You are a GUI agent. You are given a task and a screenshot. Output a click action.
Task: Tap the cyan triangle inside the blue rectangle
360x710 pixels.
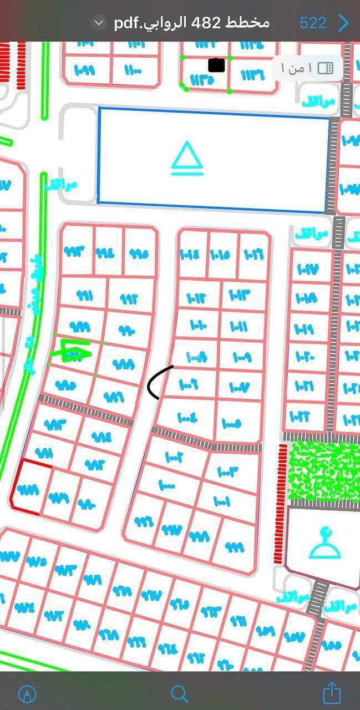tap(187, 158)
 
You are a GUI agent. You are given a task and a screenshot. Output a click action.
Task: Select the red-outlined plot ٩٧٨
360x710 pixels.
tap(27, 489)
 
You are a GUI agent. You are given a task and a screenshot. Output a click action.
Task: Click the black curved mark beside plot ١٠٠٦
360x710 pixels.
tap(158, 382)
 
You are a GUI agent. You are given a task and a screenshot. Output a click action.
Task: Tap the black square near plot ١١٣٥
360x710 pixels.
tap(216, 65)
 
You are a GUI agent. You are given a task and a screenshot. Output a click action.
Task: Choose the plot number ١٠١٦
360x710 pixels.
tap(253, 255)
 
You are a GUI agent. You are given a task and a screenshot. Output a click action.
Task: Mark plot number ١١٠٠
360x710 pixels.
tap(134, 70)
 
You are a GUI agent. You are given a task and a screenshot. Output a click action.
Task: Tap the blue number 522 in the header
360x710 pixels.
tap(313, 23)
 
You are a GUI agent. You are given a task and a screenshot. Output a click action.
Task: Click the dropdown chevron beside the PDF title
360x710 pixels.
tap(99, 23)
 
